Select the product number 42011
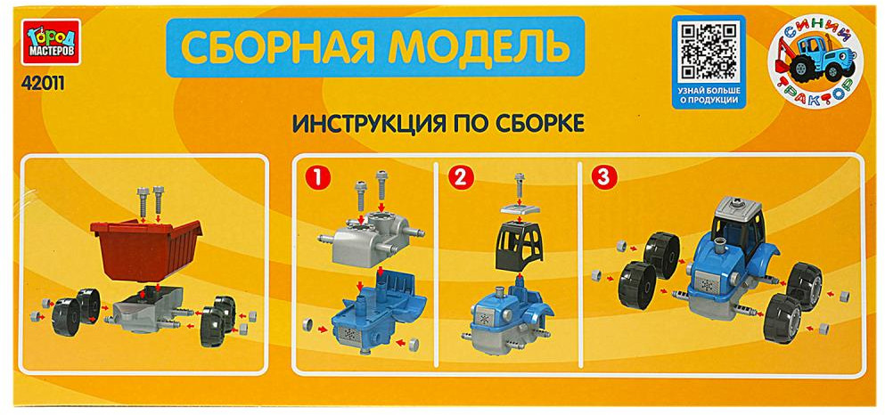pyautogui.click(x=42, y=83)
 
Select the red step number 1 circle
pyautogui.click(x=316, y=177)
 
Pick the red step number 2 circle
pyautogui.click(x=460, y=177)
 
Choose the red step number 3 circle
pyautogui.click(x=603, y=177)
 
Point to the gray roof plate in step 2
pyautogui.click(x=520, y=210)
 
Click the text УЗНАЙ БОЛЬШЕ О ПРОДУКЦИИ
pyautogui.click(x=709, y=94)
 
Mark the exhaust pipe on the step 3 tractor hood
pyautogui.click(x=719, y=247)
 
